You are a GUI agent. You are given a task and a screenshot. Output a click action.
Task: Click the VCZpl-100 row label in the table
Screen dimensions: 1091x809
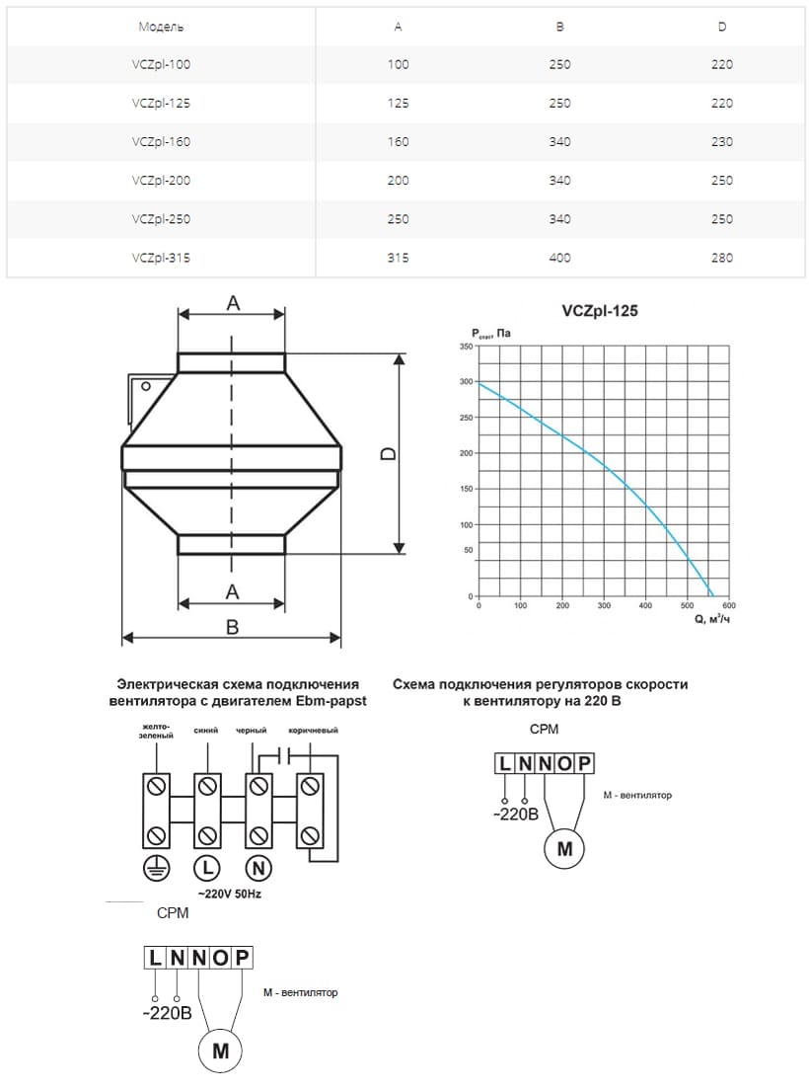point(161,65)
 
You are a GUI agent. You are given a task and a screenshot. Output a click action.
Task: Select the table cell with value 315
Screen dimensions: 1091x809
point(398,259)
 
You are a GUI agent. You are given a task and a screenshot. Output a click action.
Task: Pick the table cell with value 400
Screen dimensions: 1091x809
point(559,259)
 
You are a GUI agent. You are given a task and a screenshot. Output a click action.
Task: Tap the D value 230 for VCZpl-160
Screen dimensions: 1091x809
point(722,142)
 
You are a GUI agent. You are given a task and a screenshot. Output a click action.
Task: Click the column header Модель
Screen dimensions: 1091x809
point(161,27)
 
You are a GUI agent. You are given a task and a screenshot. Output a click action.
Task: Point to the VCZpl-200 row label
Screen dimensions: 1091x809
point(161,181)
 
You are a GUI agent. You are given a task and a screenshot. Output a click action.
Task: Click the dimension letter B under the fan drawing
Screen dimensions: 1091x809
point(232,627)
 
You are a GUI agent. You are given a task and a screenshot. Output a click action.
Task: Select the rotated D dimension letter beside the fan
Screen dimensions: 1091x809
point(388,453)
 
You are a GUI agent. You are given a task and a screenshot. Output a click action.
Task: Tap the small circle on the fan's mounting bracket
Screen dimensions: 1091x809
point(145,386)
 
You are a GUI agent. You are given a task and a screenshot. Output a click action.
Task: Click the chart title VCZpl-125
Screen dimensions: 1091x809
point(600,311)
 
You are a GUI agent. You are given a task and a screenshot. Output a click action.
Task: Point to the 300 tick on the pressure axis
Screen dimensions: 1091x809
point(466,382)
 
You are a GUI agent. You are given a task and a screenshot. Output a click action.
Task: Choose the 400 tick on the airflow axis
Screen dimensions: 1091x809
point(645,606)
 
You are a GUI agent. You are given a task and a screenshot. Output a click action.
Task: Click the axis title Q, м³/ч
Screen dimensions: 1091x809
point(705,619)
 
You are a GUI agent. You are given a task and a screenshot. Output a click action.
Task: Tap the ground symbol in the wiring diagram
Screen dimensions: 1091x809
point(155,868)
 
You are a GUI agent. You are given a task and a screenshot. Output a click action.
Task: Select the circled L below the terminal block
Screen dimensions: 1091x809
point(207,868)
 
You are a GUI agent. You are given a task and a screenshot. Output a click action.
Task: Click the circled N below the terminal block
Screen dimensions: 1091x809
point(258,868)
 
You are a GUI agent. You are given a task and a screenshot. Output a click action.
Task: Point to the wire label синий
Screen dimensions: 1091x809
point(206,732)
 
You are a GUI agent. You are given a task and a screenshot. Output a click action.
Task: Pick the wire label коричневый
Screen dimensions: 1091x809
point(313,732)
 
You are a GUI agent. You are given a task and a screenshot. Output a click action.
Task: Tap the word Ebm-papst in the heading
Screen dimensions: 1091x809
point(324,702)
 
